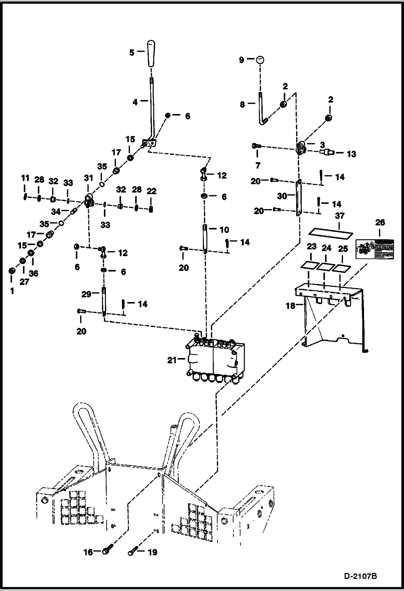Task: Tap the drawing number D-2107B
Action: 360,576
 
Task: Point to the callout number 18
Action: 290,306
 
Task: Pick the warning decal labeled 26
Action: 375,249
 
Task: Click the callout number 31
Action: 88,178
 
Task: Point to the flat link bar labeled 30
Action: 298,197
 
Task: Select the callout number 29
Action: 86,294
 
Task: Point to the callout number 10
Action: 224,230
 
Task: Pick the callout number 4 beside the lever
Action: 135,102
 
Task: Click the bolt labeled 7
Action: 256,146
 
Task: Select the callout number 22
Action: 152,191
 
